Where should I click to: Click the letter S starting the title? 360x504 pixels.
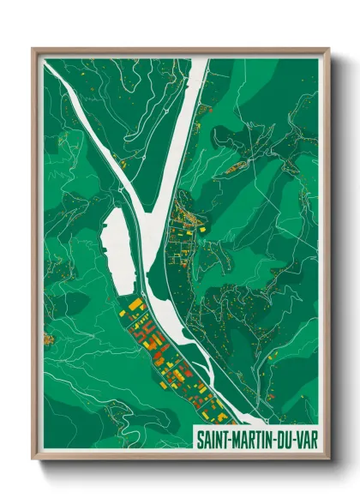click(201, 436)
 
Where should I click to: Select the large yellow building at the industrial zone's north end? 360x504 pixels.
click(135, 305)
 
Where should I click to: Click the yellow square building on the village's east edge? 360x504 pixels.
click(202, 230)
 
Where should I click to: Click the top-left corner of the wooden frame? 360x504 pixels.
click(33, 50)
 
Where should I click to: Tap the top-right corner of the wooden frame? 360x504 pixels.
click(328, 50)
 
